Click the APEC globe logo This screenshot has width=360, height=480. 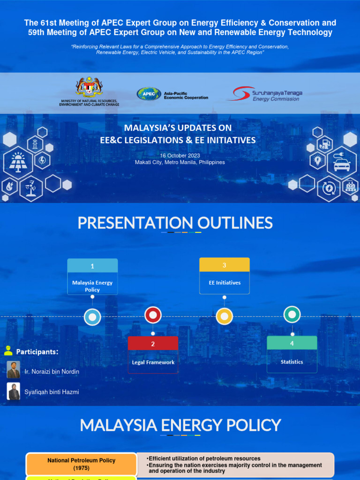[149, 94]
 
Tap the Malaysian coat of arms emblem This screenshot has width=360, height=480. [89, 88]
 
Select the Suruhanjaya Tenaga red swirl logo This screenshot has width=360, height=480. [239, 93]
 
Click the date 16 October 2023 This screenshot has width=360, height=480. [180, 156]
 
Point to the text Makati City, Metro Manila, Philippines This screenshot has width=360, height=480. [180, 162]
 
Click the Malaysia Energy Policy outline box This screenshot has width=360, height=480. [92, 277]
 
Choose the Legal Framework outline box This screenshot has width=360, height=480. [153, 355]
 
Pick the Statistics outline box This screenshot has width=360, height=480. [292, 354]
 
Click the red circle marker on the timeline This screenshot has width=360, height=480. [153, 315]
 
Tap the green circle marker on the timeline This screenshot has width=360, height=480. [292, 315]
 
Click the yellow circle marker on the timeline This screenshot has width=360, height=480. [225, 317]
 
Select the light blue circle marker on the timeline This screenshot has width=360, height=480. [92, 317]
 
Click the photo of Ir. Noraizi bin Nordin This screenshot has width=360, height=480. [14, 370]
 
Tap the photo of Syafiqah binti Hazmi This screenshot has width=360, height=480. [14, 391]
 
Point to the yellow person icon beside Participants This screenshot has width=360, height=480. [8, 350]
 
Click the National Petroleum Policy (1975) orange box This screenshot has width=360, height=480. [81, 465]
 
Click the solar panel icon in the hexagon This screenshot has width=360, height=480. [18, 162]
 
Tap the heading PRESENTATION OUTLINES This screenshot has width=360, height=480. [175, 223]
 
